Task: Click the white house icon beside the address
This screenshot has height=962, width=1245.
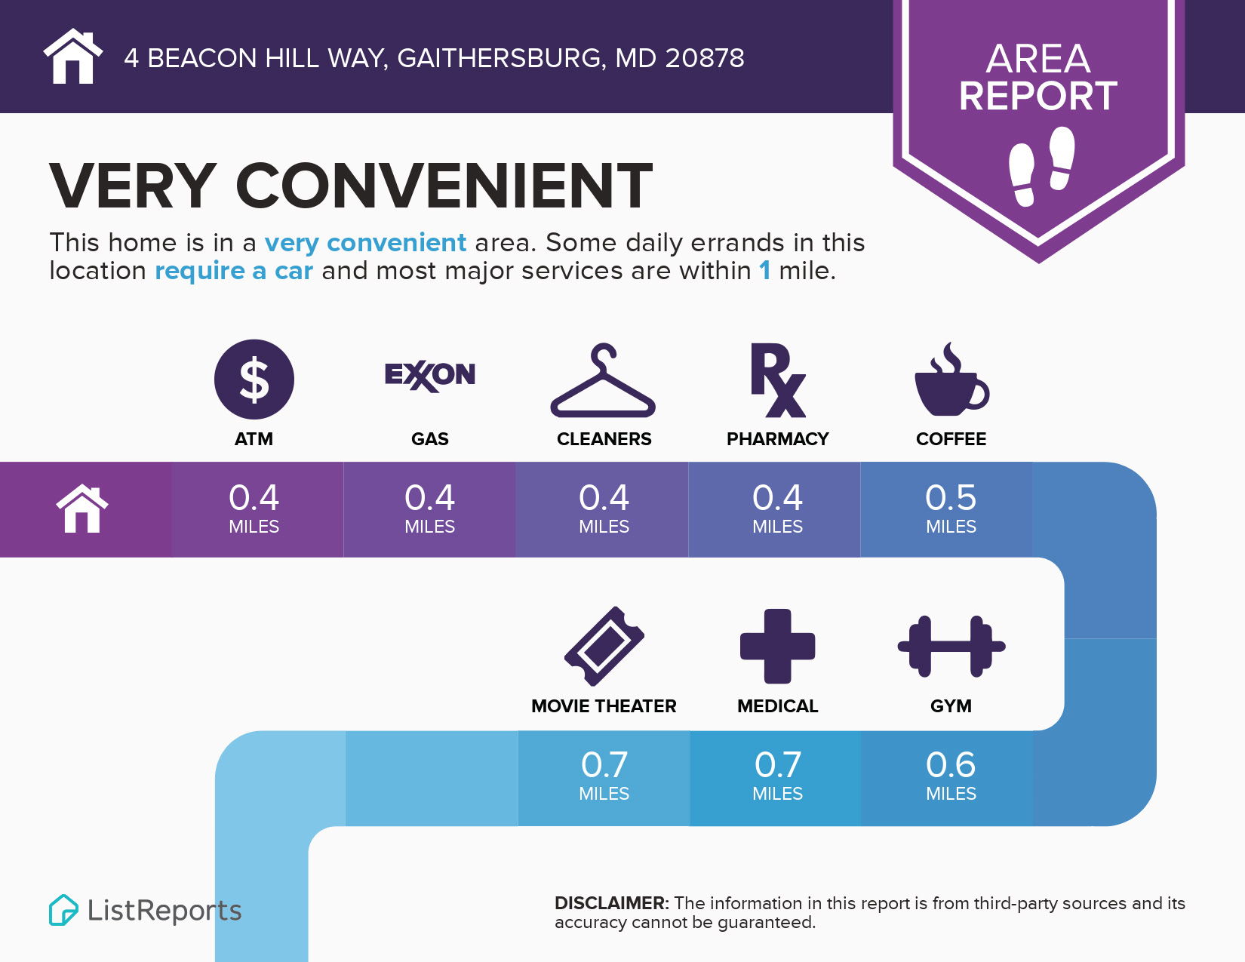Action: [72, 56]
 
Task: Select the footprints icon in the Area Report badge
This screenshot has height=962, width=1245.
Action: [1041, 166]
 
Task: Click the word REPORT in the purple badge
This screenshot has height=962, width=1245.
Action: [1038, 96]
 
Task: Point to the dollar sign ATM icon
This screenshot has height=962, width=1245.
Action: [254, 380]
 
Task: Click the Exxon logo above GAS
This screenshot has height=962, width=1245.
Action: [429, 376]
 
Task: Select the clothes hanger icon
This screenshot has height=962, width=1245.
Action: [603, 380]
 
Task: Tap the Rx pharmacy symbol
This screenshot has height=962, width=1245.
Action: [778, 380]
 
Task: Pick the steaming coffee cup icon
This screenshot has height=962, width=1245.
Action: [951, 379]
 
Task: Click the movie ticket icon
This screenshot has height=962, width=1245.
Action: [604, 646]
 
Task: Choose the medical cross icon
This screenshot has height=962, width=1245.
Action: [777, 646]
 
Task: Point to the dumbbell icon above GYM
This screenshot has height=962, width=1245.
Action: [951, 647]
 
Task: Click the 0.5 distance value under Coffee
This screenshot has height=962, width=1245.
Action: [951, 496]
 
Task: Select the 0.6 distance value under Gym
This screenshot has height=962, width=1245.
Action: [951, 764]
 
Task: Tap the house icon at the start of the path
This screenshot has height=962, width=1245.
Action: [82, 509]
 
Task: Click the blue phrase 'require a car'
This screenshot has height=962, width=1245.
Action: [234, 270]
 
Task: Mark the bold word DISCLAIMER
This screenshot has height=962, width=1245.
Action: [612, 903]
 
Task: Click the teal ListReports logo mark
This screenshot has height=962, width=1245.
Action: [63, 910]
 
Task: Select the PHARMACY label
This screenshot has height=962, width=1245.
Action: [777, 439]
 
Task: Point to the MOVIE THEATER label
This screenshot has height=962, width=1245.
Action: [604, 706]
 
